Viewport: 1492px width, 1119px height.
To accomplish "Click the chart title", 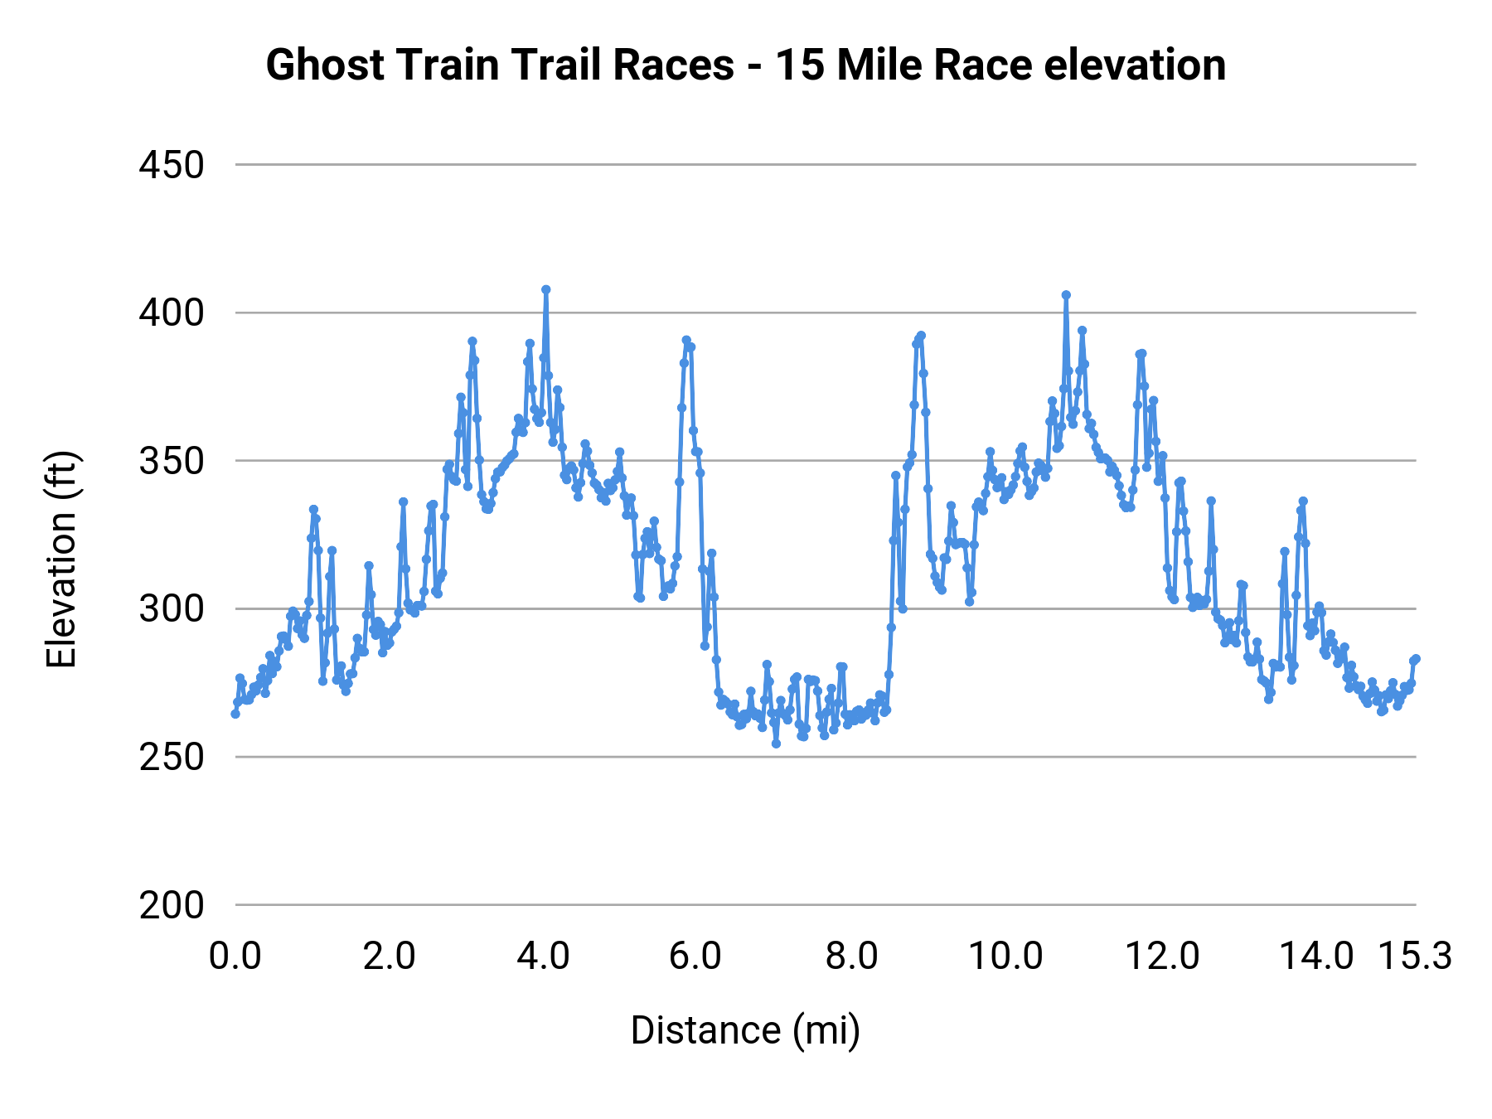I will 745,65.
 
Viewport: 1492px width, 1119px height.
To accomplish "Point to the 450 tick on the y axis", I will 172,166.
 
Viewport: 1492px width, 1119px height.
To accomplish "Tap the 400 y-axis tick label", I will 172,313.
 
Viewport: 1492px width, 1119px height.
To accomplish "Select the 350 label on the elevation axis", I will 172,462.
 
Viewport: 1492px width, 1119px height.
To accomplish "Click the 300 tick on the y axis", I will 172,609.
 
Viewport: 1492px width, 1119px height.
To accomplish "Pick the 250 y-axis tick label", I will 172,758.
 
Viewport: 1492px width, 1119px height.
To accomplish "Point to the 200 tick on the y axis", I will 172,905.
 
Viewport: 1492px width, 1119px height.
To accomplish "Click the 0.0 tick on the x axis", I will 235,957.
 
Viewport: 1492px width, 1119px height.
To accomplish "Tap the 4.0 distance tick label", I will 543,957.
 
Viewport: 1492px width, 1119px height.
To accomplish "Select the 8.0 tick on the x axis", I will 851,957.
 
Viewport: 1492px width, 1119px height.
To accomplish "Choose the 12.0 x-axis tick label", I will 1161,957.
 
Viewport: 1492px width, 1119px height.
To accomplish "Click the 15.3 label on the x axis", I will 1415,957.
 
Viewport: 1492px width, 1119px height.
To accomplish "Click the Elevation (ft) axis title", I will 62,559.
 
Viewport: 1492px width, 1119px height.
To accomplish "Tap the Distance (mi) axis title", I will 745,1030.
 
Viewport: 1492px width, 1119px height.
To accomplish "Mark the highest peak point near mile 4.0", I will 545,290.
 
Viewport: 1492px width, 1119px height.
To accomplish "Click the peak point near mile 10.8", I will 1066,295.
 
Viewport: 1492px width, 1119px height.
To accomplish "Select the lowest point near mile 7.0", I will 776,744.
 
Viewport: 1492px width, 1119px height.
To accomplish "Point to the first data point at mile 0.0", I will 235,714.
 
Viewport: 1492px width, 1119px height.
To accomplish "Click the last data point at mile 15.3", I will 1416,659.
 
